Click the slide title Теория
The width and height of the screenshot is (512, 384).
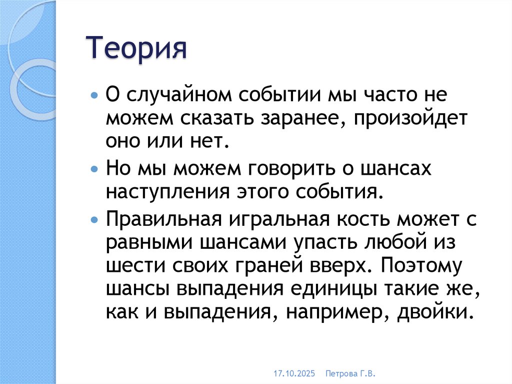(x=138, y=51)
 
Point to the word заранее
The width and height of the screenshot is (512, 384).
(x=300, y=119)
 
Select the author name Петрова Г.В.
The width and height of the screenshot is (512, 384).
(x=350, y=373)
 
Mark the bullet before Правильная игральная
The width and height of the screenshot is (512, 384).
(x=95, y=219)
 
